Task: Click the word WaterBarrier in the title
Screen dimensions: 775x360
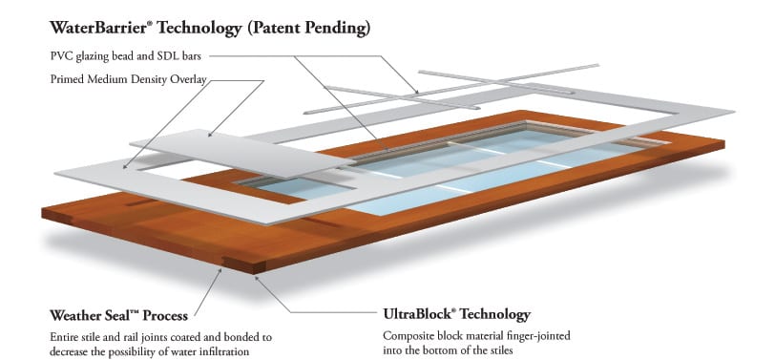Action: tap(98, 27)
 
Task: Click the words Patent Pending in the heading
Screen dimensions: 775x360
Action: tap(308, 29)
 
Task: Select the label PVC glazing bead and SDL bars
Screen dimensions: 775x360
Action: tap(126, 56)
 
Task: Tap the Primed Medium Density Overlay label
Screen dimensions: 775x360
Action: tap(129, 79)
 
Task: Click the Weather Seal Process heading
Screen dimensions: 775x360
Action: tap(118, 315)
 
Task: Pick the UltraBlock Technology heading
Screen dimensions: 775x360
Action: tap(456, 314)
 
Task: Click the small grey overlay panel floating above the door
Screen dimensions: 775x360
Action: tap(242, 153)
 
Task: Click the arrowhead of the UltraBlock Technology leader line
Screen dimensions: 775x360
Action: tap(257, 279)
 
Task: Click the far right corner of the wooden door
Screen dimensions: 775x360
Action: tap(724, 143)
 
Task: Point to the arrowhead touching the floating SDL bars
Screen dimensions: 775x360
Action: tap(416, 91)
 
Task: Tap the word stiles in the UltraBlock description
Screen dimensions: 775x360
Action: tap(500, 351)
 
